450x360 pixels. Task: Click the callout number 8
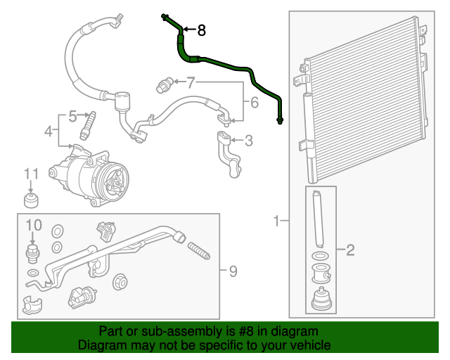pos(202,30)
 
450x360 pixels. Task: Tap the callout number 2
pos(349,249)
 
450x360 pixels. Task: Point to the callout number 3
pos(247,141)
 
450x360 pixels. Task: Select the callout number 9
pos(224,270)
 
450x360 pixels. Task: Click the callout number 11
pos(31,174)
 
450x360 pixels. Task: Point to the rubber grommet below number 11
pos(32,202)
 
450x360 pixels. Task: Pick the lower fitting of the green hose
pos(281,120)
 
